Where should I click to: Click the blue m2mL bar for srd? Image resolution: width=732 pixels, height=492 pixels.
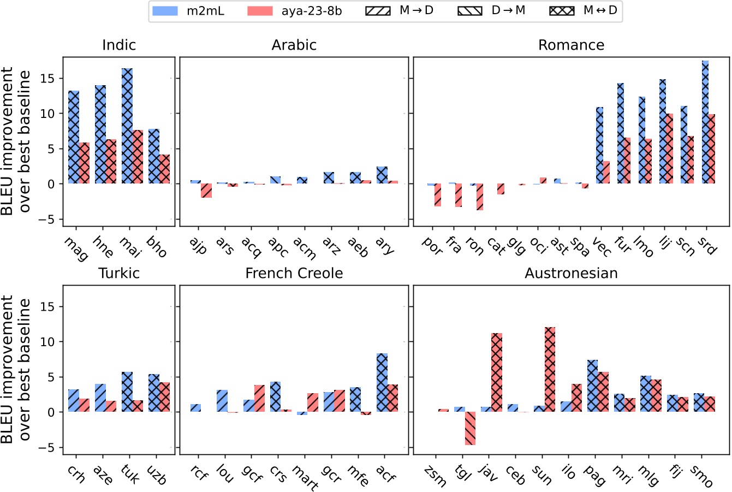click(x=705, y=122)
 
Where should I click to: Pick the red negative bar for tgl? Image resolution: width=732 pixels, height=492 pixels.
click(x=470, y=428)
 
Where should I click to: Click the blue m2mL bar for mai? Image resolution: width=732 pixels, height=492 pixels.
click(x=127, y=126)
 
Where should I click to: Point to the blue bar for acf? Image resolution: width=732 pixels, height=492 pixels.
click(x=382, y=383)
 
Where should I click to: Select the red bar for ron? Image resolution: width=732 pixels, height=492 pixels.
click(x=480, y=197)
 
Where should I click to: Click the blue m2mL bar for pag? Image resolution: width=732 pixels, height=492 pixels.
click(x=592, y=386)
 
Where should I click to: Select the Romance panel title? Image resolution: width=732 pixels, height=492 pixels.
click(x=571, y=45)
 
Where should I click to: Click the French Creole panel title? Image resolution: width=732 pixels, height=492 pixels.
click(x=294, y=273)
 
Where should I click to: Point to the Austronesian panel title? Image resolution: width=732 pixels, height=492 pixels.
click(x=571, y=273)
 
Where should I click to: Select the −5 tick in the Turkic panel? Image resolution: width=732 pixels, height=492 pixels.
click(x=50, y=448)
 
